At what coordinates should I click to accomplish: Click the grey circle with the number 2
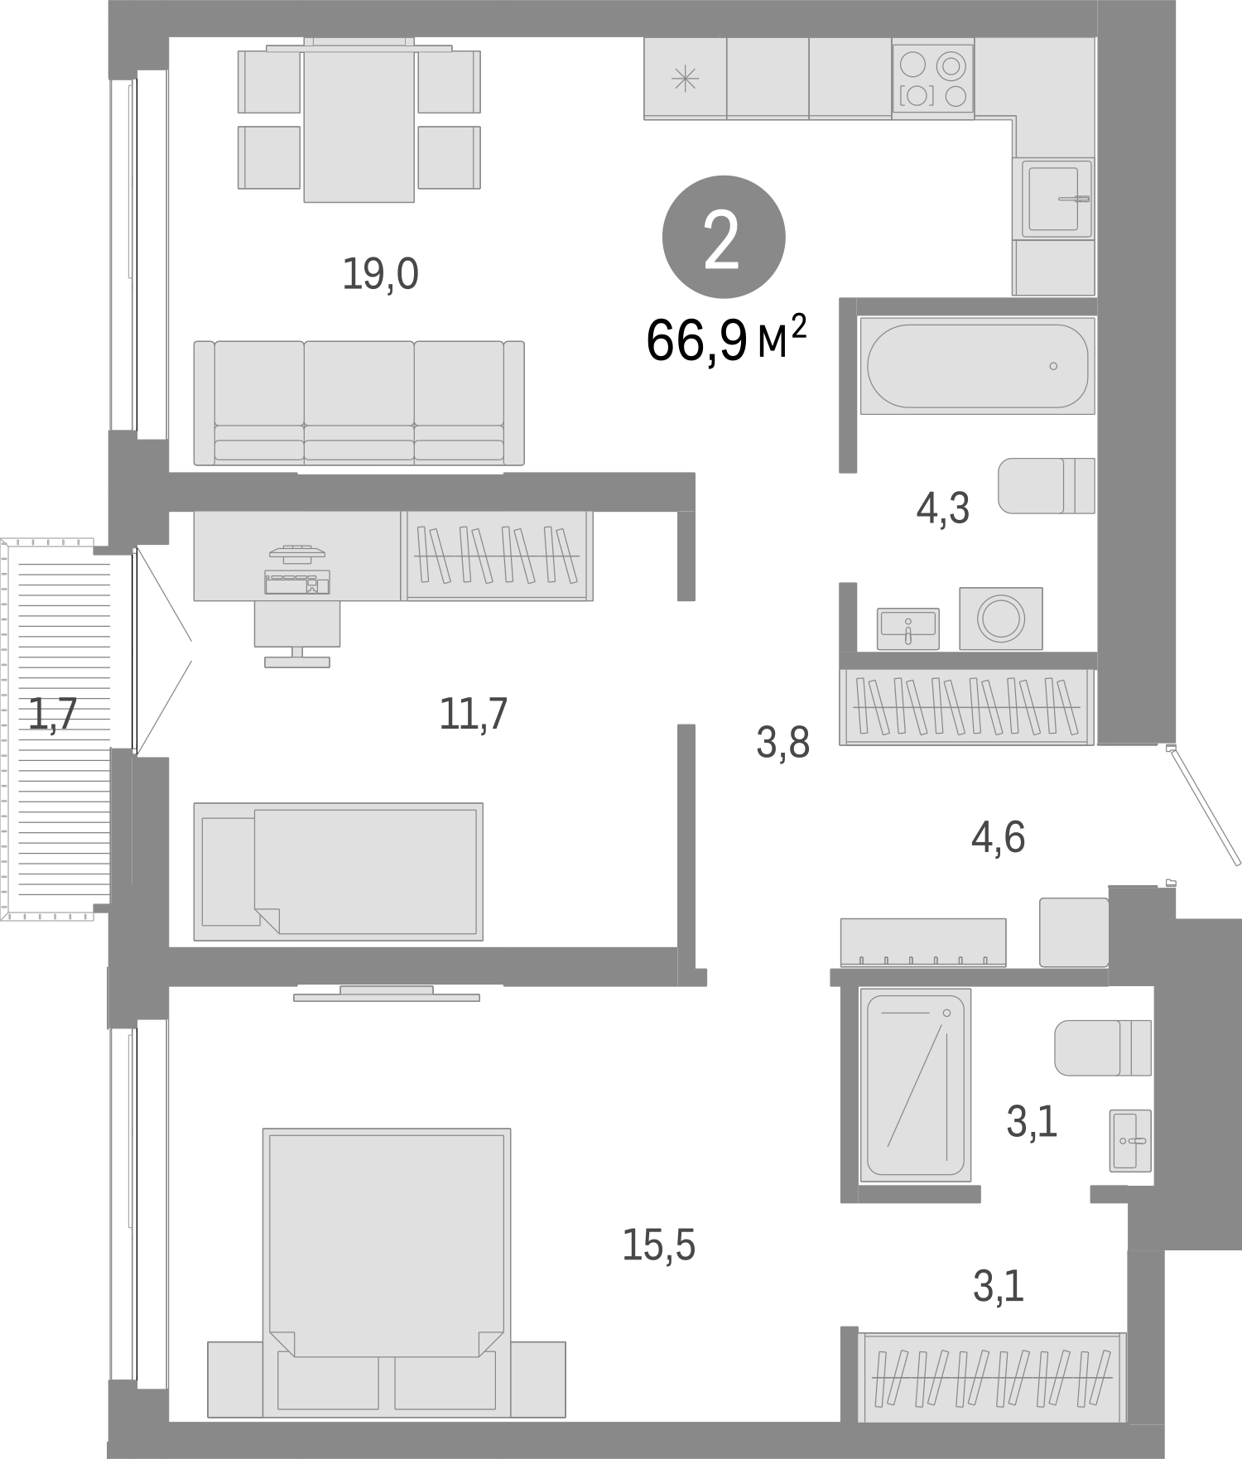[723, 237]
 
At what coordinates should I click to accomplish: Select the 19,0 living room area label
[380, 274]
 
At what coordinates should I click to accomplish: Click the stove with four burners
[933, 79]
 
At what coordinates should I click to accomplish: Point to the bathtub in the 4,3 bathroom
[977, 365]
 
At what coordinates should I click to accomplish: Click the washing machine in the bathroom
[1000, 618]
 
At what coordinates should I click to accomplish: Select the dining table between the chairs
[359, 122]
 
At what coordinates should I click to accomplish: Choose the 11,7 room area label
[473, 713]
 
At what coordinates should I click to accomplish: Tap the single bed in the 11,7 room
[338, 871]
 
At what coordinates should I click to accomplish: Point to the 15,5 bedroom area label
[658, 1245]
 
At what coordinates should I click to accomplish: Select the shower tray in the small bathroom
[915, 1084]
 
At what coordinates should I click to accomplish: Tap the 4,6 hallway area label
[998, 838]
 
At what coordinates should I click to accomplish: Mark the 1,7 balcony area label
[53, 715]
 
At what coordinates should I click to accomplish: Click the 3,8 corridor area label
[782, 743]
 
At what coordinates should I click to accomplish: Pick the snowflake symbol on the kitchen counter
[685, 79]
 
